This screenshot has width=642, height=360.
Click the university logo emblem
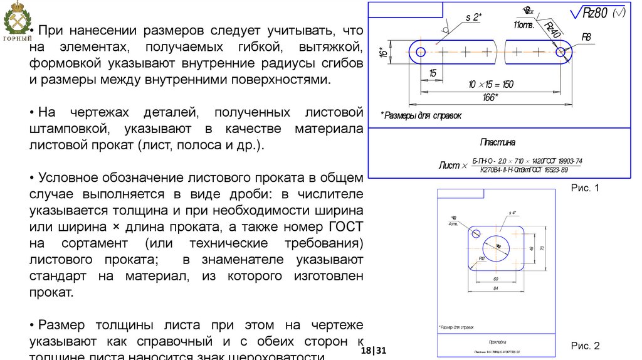(18, 21)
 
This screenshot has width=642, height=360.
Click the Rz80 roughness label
(596, 13)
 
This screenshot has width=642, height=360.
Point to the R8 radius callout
(586, 37)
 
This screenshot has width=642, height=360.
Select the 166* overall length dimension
(490, 97)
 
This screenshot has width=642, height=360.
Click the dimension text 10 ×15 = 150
(491, 84)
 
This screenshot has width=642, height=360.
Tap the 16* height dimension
(382, 53)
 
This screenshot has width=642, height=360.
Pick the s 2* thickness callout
(473, 17)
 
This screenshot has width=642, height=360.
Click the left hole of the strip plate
(421, 53)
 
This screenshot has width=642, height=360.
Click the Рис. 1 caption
(586, 187)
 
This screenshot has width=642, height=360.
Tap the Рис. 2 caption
(586, 346)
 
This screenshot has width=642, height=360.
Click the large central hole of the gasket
(498, 246)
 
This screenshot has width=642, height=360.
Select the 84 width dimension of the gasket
(495, 288)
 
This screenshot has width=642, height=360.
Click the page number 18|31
(378, 350)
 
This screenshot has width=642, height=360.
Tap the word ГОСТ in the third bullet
(341, 226)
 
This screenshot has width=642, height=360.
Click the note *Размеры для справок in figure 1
(421, 115)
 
